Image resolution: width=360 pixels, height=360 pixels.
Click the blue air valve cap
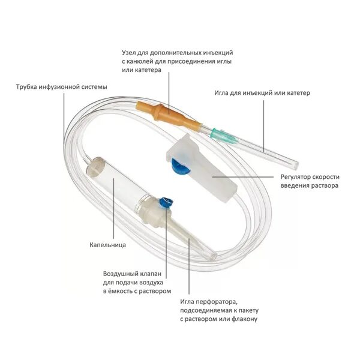[166, 203]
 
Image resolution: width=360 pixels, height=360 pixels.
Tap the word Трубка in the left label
[28, 86]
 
